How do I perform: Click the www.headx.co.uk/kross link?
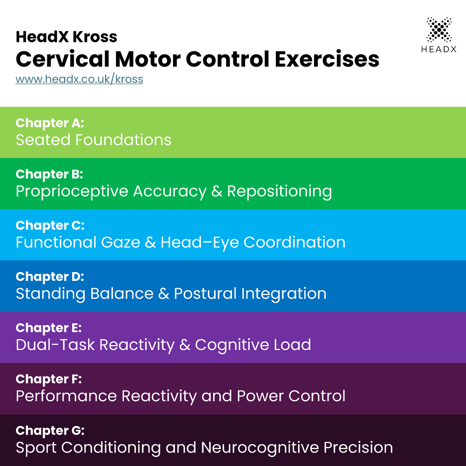tap(80, 79)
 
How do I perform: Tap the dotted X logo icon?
tap(439, 30)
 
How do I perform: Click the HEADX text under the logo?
tap(439, 49)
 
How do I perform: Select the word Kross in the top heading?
tap(95, 37)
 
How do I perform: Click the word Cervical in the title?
tap(63, 59)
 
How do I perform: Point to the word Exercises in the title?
tap(327, 59)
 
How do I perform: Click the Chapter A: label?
tap(50, 123)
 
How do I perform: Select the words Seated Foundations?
tap(94, 140)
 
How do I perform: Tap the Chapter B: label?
tap(49, 174)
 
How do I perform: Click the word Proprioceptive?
tap(72, 191)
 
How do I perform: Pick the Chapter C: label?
tap(50, 226)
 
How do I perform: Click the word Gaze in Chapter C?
tap(121, 243)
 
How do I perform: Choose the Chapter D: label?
tap(50, 277)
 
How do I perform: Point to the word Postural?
tap(205, 294)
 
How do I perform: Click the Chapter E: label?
tap(49, 328)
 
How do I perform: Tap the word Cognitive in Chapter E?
tap(232, 345)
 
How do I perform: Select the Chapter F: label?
tap(49, 379)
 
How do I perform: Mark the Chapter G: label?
tap(50, 431)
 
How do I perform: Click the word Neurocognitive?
tap(260, 448)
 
